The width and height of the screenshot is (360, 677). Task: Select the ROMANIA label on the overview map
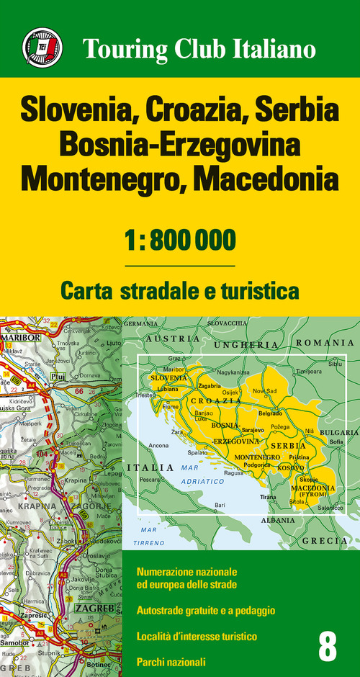(325, 343)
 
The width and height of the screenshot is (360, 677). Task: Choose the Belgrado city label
(270, 414)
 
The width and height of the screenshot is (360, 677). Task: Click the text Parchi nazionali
(171, 661)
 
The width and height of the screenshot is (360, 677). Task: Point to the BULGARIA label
(338, 433)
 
